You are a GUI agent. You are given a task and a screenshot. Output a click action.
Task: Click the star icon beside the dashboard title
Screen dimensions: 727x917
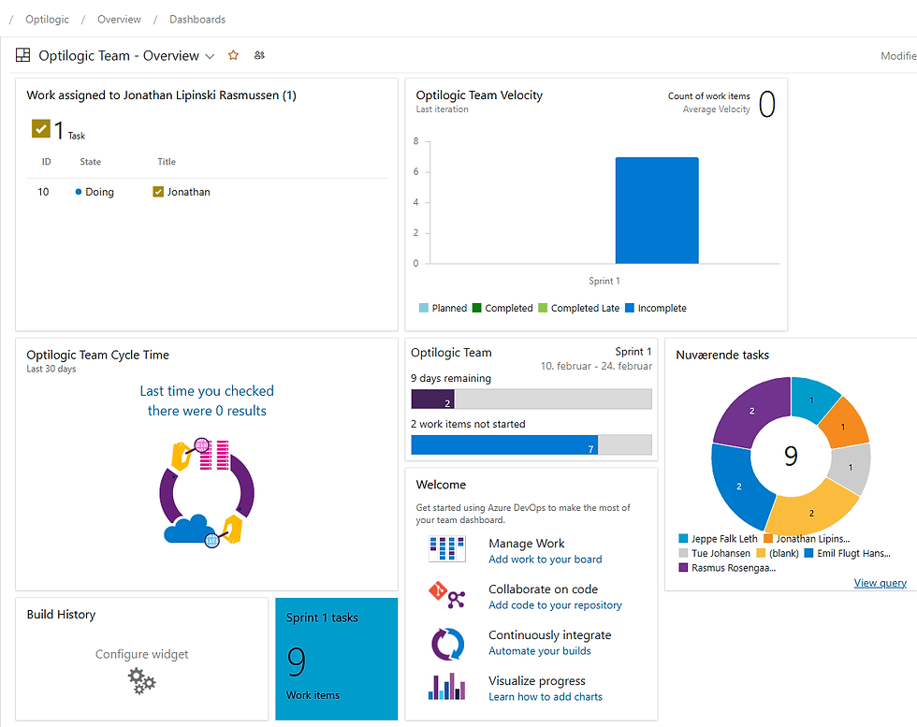pos(233,55)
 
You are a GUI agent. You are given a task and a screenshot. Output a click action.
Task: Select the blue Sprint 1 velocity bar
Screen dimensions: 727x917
pos(656,211)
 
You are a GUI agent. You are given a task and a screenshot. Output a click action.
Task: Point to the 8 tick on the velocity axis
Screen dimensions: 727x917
pos(415,141)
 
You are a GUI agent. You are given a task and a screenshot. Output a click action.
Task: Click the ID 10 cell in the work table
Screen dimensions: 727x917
pos(44,192)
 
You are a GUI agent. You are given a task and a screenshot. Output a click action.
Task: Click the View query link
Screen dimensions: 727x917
pos(880,583)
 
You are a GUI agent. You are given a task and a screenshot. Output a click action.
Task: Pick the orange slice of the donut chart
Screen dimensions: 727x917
pos(843,420)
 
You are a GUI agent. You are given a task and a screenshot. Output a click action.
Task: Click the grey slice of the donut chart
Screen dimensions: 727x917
pos(852,468)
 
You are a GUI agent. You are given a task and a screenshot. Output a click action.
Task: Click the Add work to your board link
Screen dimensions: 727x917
pos(545,560)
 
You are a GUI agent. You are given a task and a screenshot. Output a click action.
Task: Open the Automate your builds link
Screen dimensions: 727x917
pos(539,651)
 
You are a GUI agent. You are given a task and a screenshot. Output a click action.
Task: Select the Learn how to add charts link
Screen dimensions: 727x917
pos(545,697)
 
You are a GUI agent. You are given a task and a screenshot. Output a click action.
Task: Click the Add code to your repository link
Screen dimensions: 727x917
pos(555,605)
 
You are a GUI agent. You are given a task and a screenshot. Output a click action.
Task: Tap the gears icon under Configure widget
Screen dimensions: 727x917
pos(142,680)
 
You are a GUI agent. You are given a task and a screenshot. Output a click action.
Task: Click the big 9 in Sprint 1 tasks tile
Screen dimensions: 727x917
pos(297,662)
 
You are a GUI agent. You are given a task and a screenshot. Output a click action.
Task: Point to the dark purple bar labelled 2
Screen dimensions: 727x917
pos(432,400)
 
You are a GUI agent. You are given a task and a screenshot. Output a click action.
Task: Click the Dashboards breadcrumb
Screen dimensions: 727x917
pos(197,19)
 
